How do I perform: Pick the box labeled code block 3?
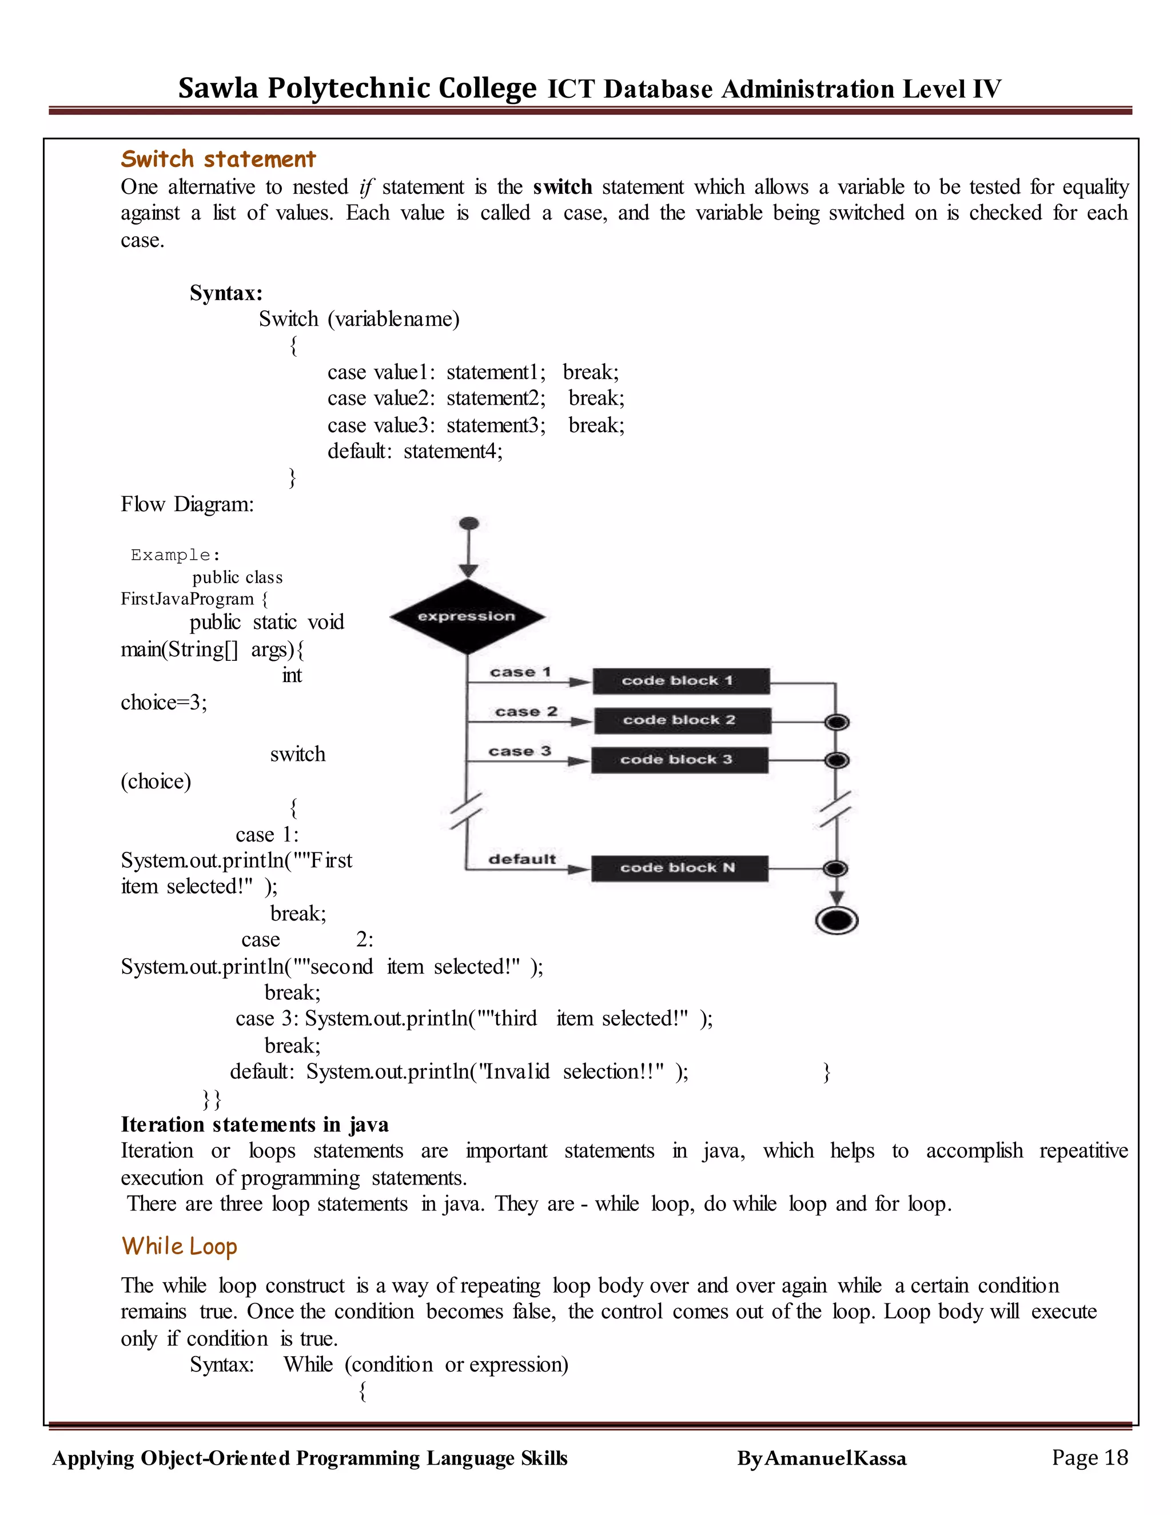click(679, 760)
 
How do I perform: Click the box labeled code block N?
click(679, 868)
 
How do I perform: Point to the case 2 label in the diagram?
click(526, 712)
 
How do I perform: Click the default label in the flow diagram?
click(521, 859)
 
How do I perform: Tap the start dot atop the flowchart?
click(469, 523)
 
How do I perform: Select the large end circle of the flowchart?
click(837, 920)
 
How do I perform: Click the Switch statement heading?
click(218, 159)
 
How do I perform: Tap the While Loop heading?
click(179, 1246)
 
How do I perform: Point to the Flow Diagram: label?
click(188, 504)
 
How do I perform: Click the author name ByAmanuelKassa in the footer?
click(822, 1459)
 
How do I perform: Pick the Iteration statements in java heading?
click(254, 1124)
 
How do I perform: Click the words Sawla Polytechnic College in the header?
click(357, 88)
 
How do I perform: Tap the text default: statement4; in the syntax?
click(415, 452)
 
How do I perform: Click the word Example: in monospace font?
click(176, 555)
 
